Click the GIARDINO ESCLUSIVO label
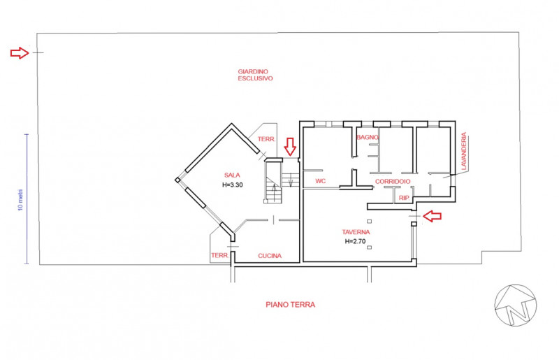(255, 75)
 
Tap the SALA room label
(232, 175)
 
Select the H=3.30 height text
(233, 185)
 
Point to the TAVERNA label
(356, 232)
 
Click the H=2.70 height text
(356, 241)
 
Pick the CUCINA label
(270, 256)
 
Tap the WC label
(321, 181)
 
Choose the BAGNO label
(368, 138)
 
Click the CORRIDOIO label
(393, 182)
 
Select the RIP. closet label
(405, 198)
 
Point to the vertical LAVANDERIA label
(463, 151)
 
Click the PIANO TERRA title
(291, 305)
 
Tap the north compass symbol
(516, 305)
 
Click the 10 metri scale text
(20, 200)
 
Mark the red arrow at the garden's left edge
(20, 53)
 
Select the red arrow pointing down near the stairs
(290, 147)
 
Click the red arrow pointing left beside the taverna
(432, 216)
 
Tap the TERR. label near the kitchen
(220, 255)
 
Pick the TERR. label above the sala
(267, 139)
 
